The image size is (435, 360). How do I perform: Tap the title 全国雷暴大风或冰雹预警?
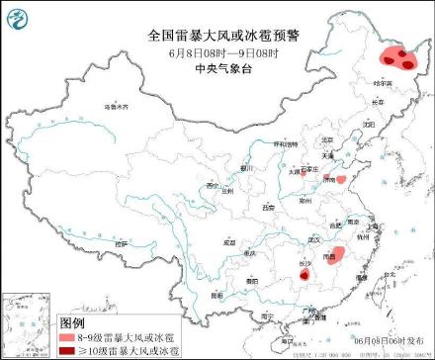(x=217, y=35)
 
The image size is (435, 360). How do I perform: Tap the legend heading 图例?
(x=72, y=322)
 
